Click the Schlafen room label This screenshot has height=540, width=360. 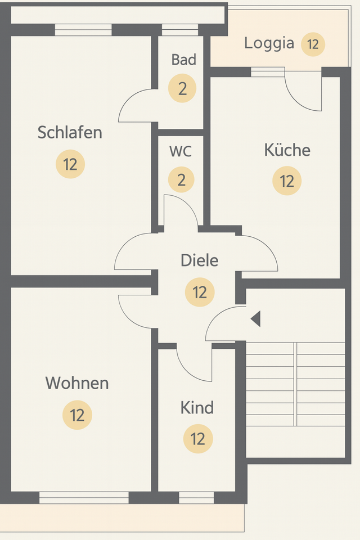(x=70, y=133)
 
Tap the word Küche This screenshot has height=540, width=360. (x=287, y=150)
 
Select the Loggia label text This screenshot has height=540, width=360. (x=269, y=43)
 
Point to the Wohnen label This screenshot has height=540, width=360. (x=76, y=383)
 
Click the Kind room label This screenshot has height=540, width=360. (x=197, y=407)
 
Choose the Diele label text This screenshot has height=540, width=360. (x=199, y=260)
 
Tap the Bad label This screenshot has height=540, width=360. (x=183, y=60)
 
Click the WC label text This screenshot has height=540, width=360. (x=181, y=151)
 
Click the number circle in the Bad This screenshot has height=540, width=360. (x=182, y=89)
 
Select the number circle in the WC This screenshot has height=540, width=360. (x=181, y=180)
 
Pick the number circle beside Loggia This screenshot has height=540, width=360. (x=313, y=44)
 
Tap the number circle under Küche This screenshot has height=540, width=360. (x=287, y=181)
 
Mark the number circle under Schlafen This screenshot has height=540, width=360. (x=70, y=165)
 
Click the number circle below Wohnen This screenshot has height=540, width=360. (x=77, y=415)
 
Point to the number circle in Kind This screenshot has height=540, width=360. (x=198, y=439)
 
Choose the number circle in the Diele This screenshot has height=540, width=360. (x=200, y=292)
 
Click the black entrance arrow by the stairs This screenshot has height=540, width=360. (x=255, y=319)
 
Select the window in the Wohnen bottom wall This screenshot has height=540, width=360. (x=84, y=498)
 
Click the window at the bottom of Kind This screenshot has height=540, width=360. (x=196, y=498)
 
